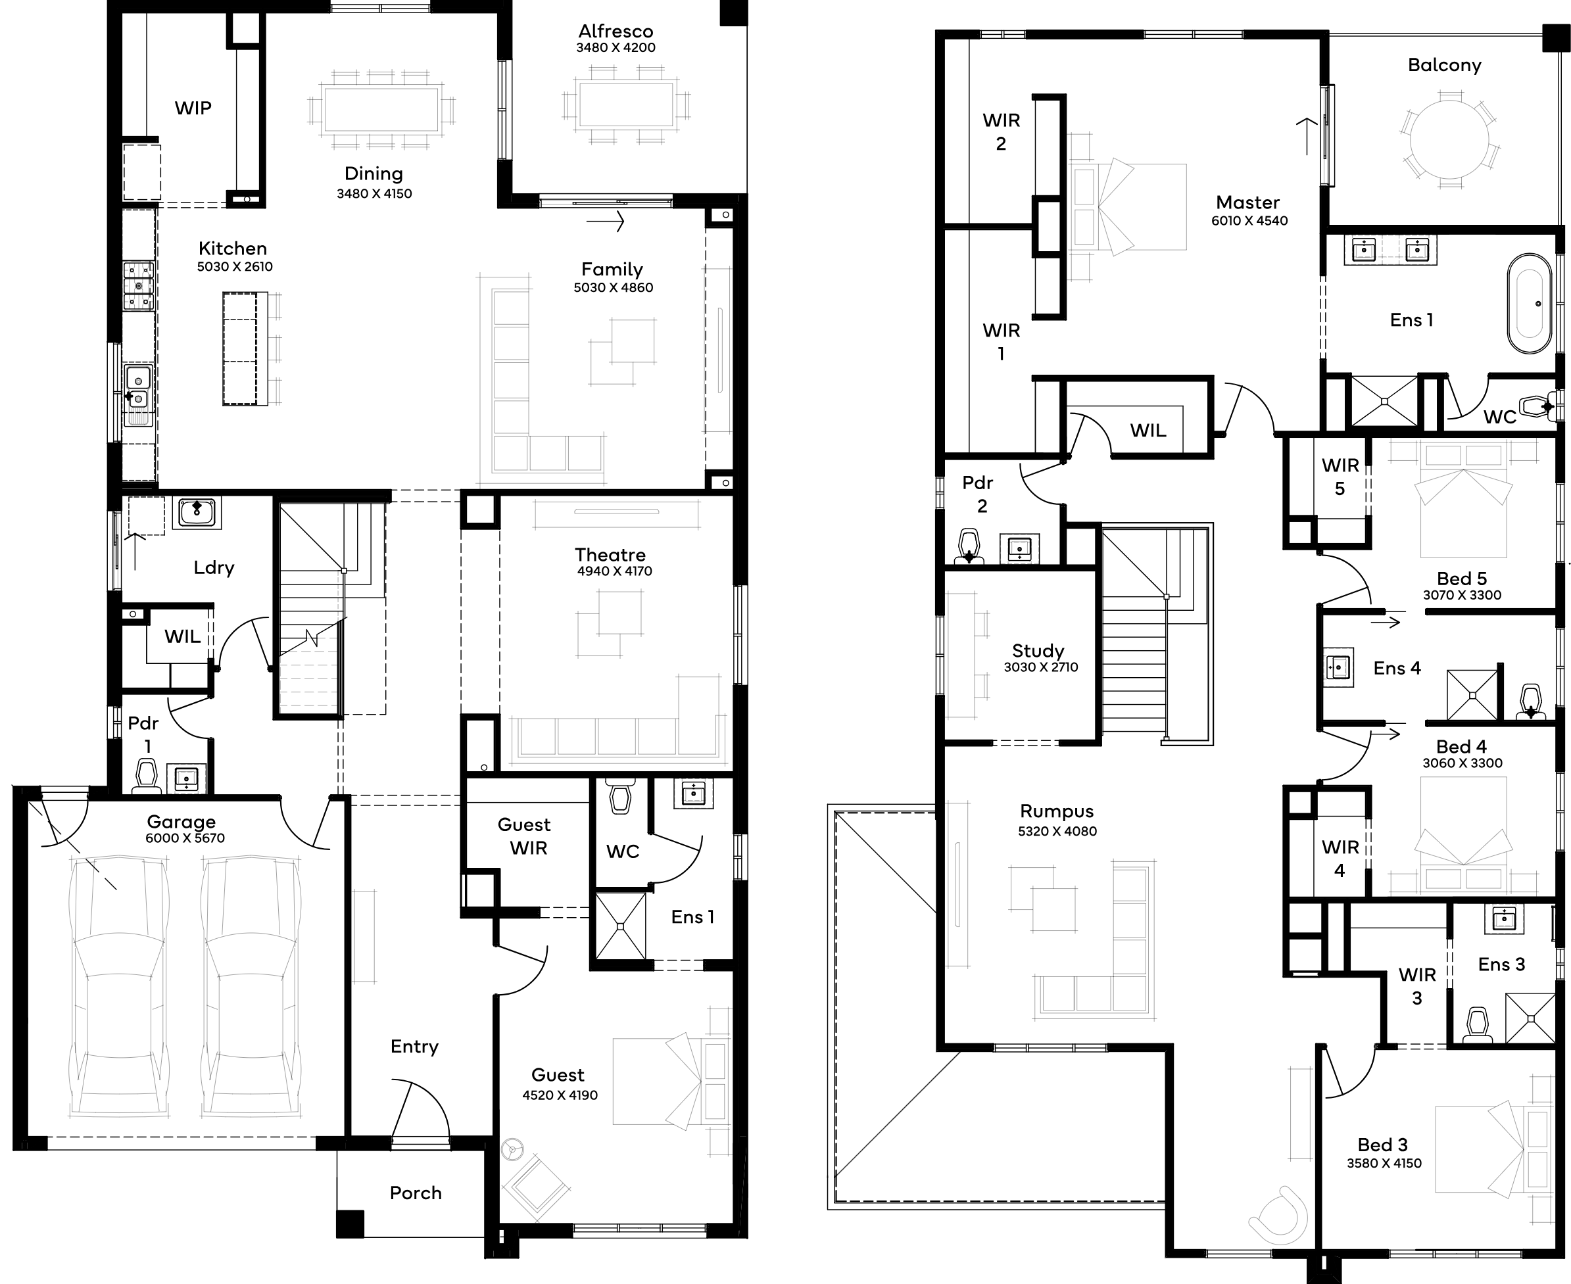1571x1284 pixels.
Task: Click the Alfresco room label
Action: (x=616, y=31)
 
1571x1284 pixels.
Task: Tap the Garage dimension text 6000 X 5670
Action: (x=185, y=838)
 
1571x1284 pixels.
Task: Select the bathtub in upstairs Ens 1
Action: (x=1530, y=304)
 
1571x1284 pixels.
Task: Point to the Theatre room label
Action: (x=610, y=554)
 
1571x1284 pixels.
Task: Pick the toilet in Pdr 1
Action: (x=147, y=776)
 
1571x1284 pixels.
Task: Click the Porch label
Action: (x=416, y=1193)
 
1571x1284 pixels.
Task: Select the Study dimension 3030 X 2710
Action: (x=1041, y=667)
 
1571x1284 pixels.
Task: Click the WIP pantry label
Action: (x=193, y=108)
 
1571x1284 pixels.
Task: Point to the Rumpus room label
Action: (x=1056, y=811)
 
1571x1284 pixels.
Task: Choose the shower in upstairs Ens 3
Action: (x=1530, y=1018)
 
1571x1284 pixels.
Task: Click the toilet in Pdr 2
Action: (x=969, y=546)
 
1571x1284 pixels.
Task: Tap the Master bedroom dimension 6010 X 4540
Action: (x=1249, y=220)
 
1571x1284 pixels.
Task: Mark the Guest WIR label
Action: (x=524, y=836)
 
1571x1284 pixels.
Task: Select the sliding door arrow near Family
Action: (x=606, y=220)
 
